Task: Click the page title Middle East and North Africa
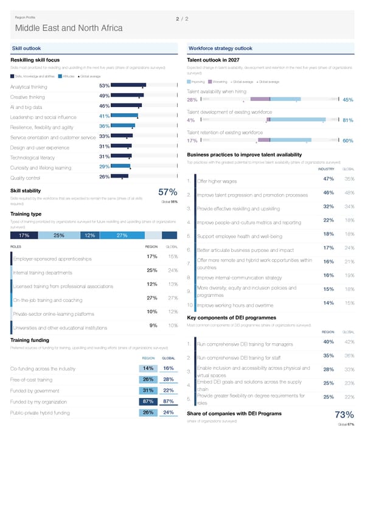point(69,29)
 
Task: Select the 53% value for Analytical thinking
point(103,86)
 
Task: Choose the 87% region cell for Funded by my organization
point(147,401)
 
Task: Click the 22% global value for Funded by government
point(169,390)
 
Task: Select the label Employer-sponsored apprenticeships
point(52,259)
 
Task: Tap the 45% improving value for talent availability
point(348,100)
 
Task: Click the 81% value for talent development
point(348,120)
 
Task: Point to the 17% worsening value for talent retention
point(191,141)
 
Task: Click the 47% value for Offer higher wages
point(328,179)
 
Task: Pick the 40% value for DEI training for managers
point(328,341)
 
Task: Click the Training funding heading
point(30,340)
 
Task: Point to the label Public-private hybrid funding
point(45,413)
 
